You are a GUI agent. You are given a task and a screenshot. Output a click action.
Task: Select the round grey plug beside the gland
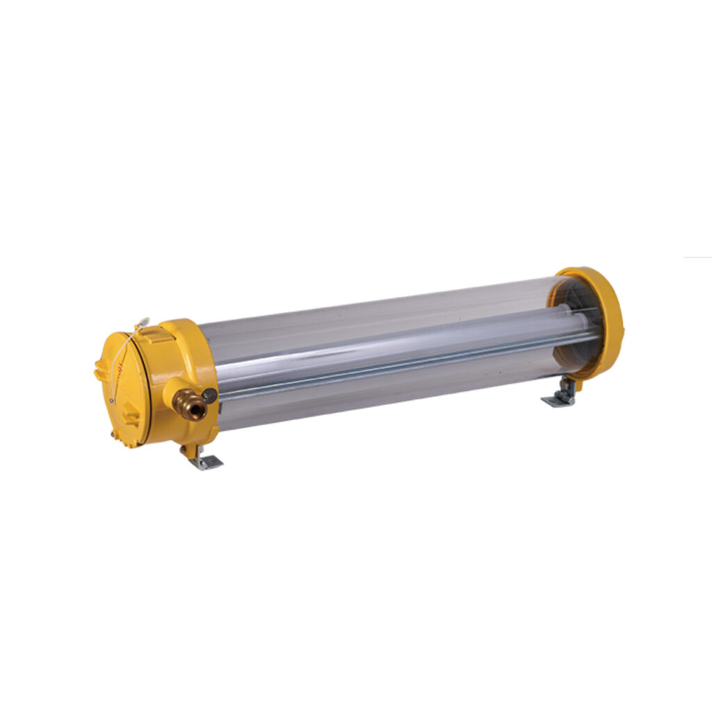tap(210, 396)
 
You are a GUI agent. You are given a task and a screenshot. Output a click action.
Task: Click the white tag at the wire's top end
tap(143, 322)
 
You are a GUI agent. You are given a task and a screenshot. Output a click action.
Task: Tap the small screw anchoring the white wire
tap(112, 401)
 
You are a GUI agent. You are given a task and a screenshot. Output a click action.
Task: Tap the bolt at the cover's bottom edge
tap(112, 435)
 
